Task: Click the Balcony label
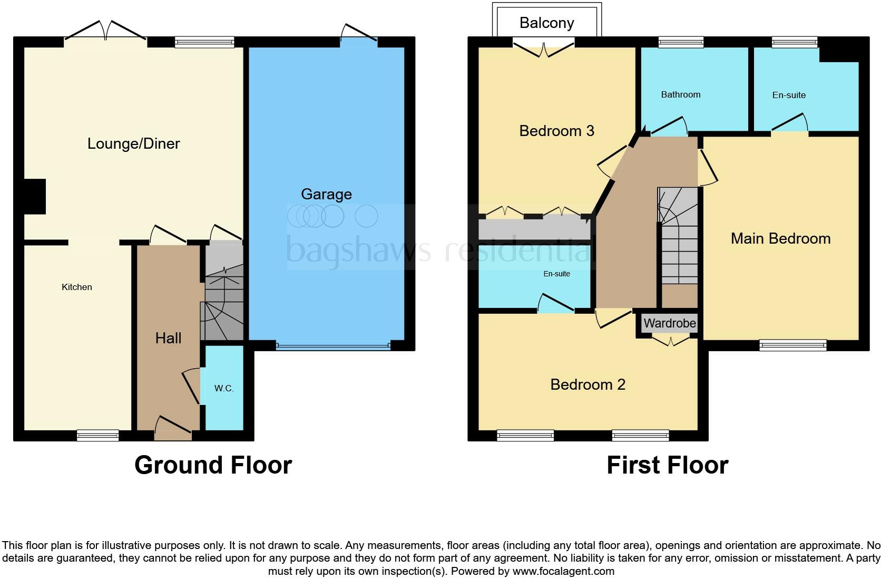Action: point(546,23)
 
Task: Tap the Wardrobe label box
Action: point(670,323)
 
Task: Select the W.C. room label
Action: point(224,388)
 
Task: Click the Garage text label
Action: point(326,194)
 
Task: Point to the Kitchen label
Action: point(77,287)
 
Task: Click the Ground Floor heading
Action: point(213,465)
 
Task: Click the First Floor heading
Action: point(667,465)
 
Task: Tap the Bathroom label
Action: point(681,94)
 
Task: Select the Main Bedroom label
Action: point(780,238)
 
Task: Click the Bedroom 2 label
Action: point(588,384)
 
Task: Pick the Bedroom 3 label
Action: point(556,131)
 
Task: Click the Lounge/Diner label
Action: point(133,143)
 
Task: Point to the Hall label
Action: point(168,338)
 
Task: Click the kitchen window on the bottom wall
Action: point(98,435)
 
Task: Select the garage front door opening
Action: point(333,346)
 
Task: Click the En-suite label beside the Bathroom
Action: point(789,95)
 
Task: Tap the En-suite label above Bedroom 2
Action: point(556,274)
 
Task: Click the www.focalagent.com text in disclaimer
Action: point(563,571)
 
